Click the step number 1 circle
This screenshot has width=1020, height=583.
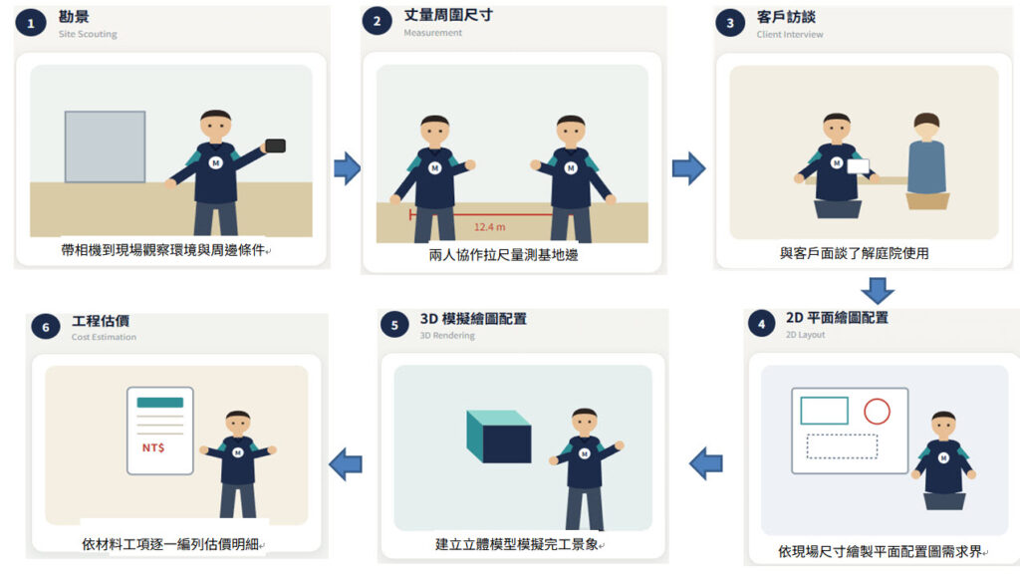(31, 24)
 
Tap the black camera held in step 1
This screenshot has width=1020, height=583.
(275, 146)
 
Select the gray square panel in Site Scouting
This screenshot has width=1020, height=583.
(105, 146)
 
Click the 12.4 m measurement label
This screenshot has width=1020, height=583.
(489, 227)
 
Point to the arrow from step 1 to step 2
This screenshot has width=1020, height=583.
(348, 168)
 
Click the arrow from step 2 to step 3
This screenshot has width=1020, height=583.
(689, 168)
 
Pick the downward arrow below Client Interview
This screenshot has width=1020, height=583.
(878, 291)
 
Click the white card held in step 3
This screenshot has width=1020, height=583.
(858, 165)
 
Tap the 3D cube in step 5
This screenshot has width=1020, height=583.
(499, 436)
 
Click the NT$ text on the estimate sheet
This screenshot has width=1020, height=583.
(153, 447)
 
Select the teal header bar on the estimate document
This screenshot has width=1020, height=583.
(160, 403)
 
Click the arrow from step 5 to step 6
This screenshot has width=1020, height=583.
(346, 464)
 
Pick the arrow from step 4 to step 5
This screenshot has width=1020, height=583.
(706, 463)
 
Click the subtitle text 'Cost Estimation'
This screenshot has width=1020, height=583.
(104, 337)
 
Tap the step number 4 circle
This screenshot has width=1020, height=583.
(762, 323)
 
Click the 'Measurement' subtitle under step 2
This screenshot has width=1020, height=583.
(432, 33)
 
